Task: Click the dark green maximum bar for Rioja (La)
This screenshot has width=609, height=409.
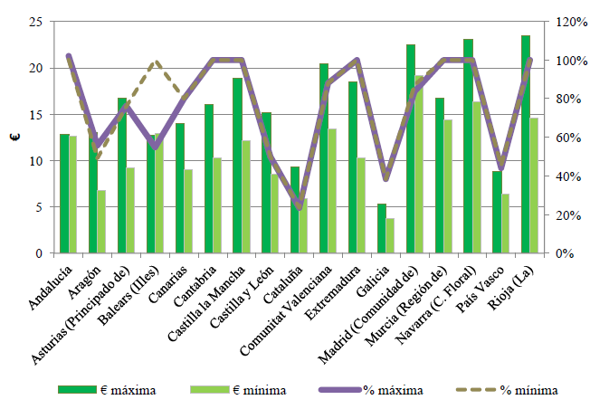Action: pos(526,145)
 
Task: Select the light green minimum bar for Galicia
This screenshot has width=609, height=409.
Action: pos(390,236)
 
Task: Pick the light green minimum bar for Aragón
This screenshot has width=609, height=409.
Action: pos(101,222)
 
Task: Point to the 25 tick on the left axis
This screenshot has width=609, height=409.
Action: pos(35,22)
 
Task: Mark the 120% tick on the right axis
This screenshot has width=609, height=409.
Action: pos(576,22)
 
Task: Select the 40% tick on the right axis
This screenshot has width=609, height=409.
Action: pos(572,176)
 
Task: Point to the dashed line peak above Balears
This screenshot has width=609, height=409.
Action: pos(156,62)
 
